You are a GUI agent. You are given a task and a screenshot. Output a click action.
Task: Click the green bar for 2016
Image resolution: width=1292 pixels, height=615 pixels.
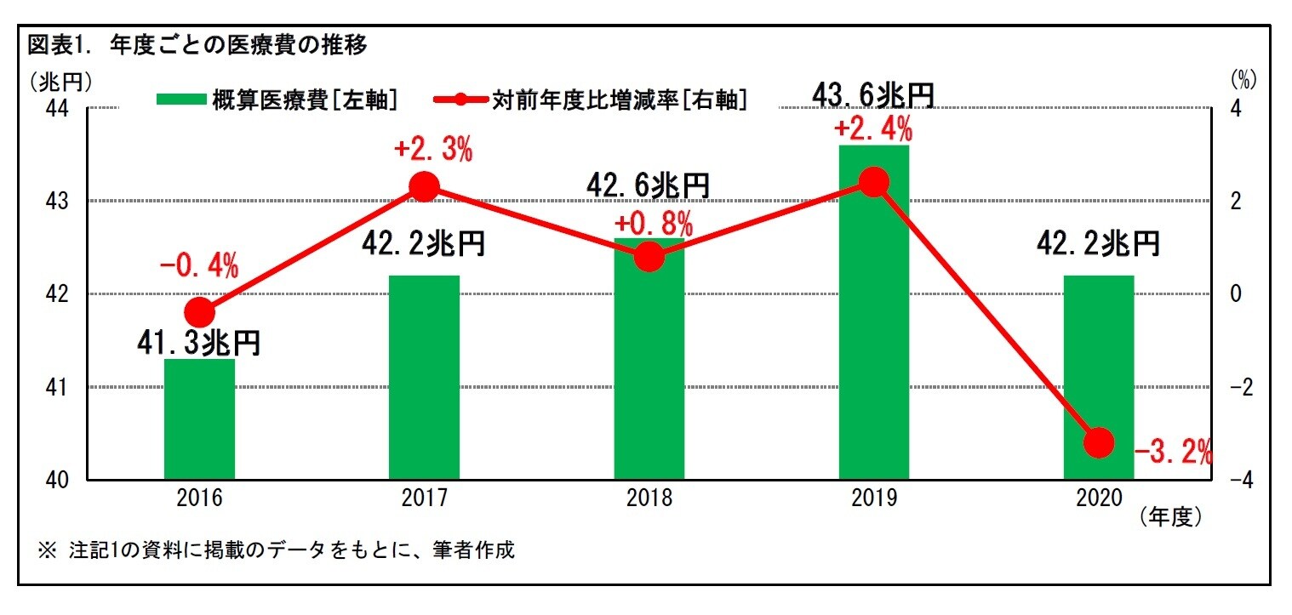coord(199,419)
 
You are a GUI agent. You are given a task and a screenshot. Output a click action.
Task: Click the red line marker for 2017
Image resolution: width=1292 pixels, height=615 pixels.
coord(424,186)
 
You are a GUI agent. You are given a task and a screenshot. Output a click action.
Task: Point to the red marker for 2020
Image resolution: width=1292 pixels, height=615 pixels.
coord(1098,442)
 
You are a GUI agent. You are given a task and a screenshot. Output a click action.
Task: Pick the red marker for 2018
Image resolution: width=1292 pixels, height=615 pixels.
coord(649,256)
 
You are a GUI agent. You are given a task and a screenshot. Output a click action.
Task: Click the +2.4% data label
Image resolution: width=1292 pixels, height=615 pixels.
coord(873,130)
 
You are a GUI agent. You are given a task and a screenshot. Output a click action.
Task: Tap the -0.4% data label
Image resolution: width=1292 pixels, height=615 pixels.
coord(199,267)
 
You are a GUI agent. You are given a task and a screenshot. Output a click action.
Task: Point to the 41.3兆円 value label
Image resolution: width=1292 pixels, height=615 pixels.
coord(199,343)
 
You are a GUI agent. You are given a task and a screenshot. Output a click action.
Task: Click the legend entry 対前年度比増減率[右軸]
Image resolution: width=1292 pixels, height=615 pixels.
coord(592,100)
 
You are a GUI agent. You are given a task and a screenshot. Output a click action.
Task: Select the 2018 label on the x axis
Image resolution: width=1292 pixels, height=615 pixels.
coord(649,498)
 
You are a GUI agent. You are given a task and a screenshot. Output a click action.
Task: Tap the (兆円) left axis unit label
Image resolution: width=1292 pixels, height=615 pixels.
coord(60,80)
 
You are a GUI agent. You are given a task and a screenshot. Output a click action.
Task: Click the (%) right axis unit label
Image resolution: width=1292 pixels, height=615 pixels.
coord(1243,80)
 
